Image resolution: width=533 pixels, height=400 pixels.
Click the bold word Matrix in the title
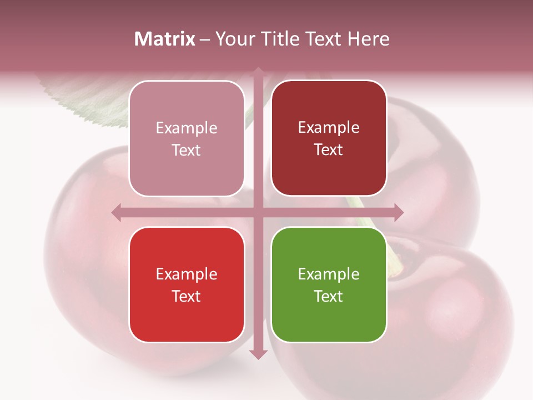click(x=165, y=39)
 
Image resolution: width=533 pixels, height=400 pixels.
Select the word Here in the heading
click(x=368, y=39)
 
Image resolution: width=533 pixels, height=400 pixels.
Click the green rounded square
click(x=329, y=284)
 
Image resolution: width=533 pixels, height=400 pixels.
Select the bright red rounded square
click(x=187, y=284)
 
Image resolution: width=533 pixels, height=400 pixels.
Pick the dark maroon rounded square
click(x=329, y=138)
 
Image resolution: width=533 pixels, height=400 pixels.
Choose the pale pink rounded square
click(x=187, y=138)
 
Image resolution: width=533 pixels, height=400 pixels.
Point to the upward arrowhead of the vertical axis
click(x=258, y=72)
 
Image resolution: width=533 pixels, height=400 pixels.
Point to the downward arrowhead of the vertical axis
click(x=258, y=354)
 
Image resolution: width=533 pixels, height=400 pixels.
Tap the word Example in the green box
click(x=329, y=274)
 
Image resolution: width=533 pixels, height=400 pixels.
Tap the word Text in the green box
click(x=329, y=296)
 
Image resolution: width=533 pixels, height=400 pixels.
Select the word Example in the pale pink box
click(x=187, y=128)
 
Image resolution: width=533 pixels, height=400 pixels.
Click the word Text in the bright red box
click(x=187, y=296)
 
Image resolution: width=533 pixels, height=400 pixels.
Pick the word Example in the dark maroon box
click(x=329, y=128)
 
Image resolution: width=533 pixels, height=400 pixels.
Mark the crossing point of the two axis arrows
click(x=258, y=212)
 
